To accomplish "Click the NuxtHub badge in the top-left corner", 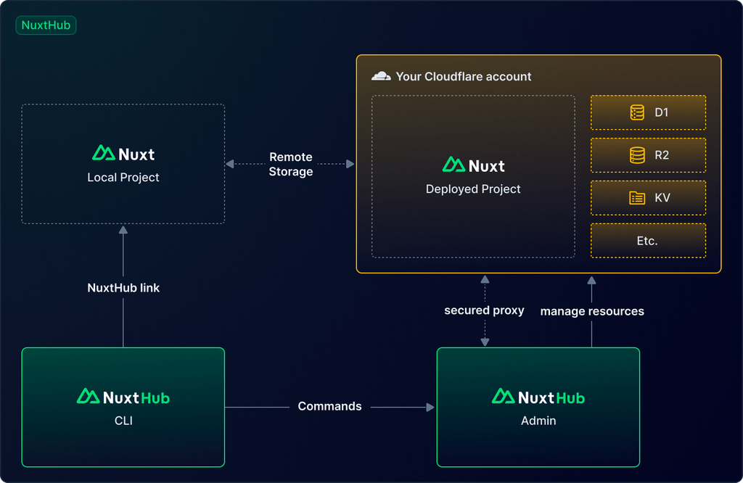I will [x=46, y=25].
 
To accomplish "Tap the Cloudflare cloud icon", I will [x=381, y=76].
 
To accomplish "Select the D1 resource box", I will [x=648, y=112].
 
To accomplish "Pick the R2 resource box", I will [x=648, y=154].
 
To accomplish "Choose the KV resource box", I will [x=648, y=197].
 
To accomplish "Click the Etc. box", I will [x=648, y=241].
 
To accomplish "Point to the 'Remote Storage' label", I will [x=291, y=164].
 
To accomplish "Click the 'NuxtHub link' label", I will [x=123, y=288].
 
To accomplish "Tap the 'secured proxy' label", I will [x=484, y=310].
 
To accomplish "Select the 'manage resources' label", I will [x=592, y=311].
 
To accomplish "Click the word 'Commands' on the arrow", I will [x=329, y=406].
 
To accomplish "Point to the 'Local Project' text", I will [x=123, y=177].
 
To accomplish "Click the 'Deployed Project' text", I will [x=473, y=189].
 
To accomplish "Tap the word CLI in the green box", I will [x=123, y=420].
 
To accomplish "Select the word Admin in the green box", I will [x=538, y=420].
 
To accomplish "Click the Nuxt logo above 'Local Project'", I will [x=123, y=153].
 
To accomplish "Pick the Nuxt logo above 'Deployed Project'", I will [x=473, y=165].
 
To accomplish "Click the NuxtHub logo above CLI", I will [x=123, y=397].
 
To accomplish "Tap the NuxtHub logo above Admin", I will [x=538, y=397].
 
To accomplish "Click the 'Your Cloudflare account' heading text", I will [x=464, y=76].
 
